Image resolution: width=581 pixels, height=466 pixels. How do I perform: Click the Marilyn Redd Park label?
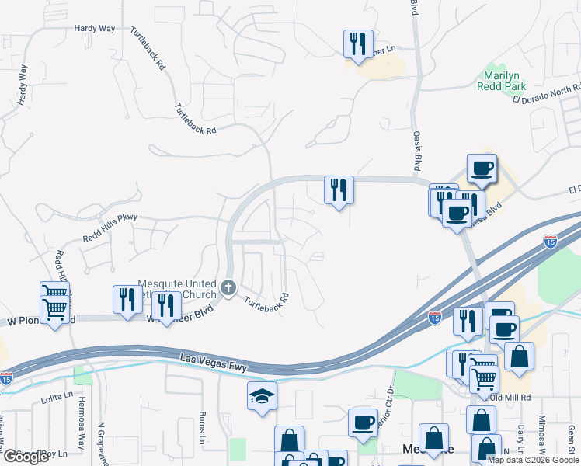click(x=503, y=81)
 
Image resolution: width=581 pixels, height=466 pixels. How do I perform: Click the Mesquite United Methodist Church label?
click(x=177, y=288)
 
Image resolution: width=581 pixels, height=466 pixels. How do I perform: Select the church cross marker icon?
click(x=228, y=288)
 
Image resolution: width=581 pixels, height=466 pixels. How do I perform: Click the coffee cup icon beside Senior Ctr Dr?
click(x=363, y=423)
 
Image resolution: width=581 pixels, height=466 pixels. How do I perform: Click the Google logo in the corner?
click(x=26, y=457)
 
